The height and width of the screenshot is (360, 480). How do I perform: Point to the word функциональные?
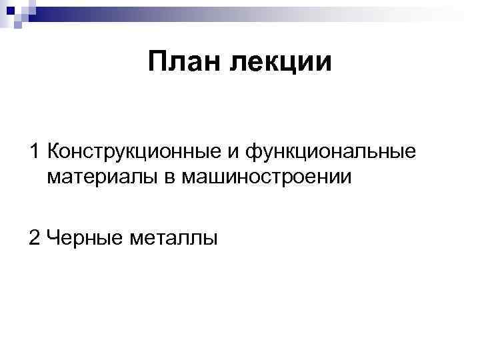(331, 153)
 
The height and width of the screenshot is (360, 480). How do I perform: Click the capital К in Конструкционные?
(54, 152)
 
